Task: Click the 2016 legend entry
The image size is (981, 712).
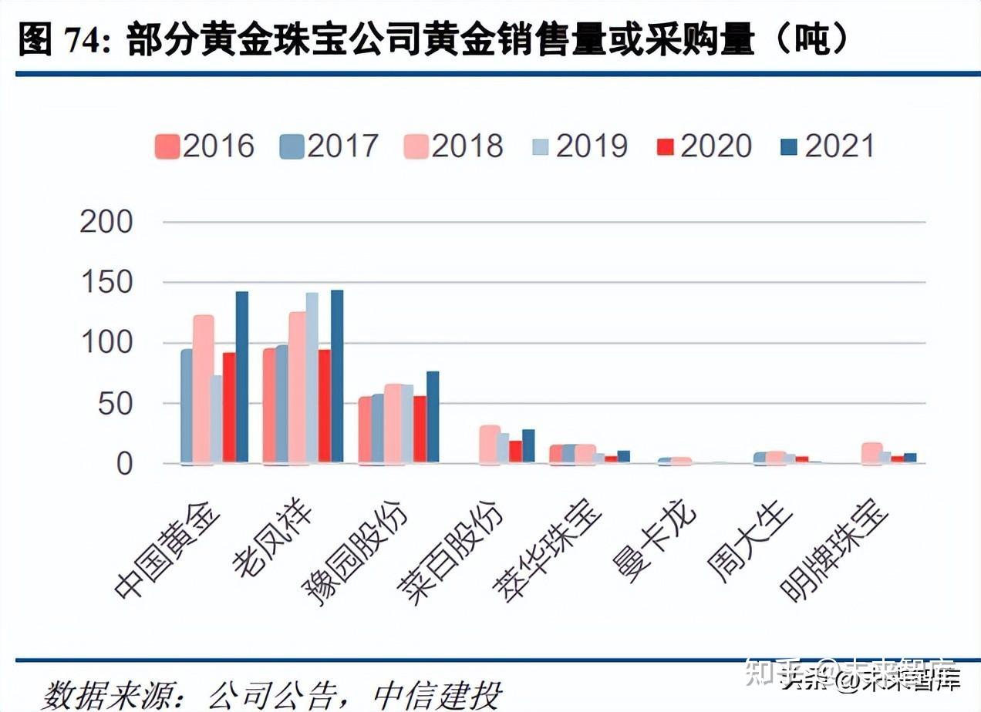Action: [204, 146]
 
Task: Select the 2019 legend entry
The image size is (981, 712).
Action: [579, 146]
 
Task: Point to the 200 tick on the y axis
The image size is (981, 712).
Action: [106, 223]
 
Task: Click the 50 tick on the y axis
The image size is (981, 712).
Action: [116, 404]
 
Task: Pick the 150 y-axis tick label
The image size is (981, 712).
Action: [106, 283]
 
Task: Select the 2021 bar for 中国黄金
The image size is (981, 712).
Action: [242, 378]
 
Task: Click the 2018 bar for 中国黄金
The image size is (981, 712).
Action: [204, 389]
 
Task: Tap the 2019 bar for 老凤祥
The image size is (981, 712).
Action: [312, 378]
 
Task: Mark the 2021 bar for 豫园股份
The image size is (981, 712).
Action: [433, 417]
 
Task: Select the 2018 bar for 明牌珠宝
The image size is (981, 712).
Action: [872, 453]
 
